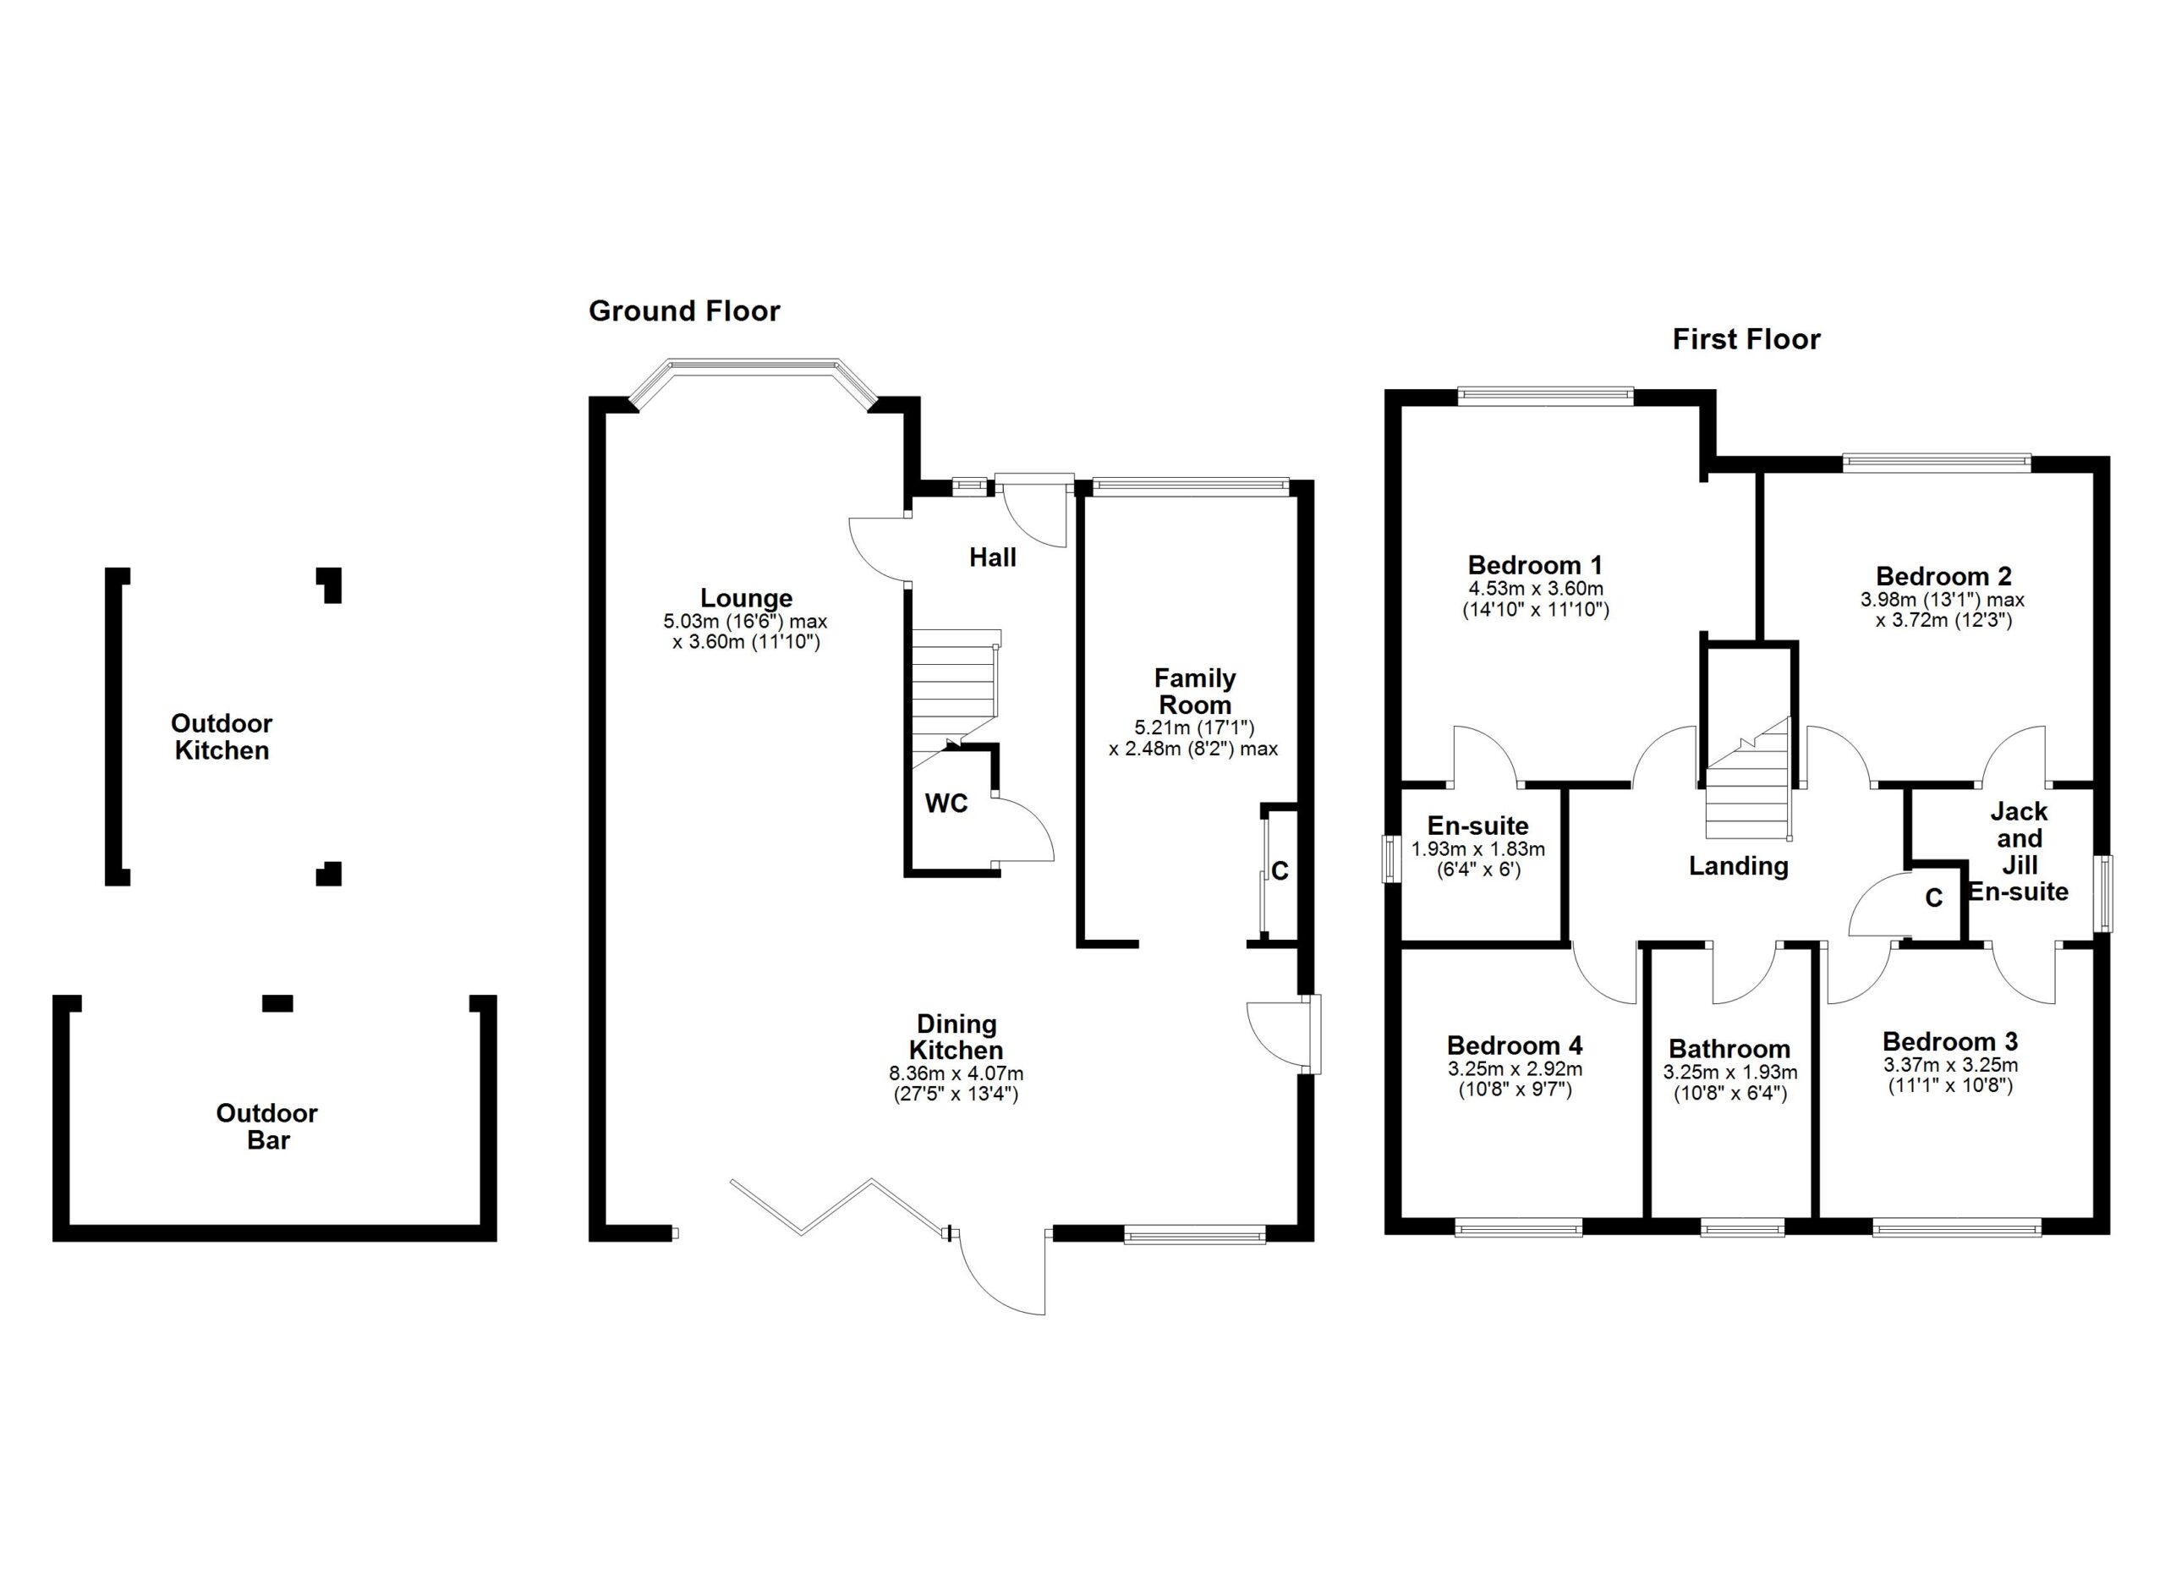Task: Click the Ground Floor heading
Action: tap(683, 311)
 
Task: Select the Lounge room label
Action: tap(747, 599)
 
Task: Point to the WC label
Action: tap(946, 804)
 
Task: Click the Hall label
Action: tap(993, 557)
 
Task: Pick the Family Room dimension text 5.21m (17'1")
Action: tap(1194, 727)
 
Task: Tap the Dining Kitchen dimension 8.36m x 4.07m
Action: tap(956, 1074)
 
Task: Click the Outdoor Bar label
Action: tap(267, 1127)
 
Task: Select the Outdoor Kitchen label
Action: tap(222, 737)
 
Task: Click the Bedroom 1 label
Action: tap(1535, 565)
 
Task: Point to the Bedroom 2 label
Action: tap(1943, 577)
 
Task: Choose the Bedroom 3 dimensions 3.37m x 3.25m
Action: tap(1950, 1065)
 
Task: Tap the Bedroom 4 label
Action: tap(1515, 1045)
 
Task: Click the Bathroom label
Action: tap(1729, 1050)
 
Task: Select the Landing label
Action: tap(1738, 866)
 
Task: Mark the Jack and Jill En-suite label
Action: tap(2019, 852)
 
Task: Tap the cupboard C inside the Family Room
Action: tap(1280, 870)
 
